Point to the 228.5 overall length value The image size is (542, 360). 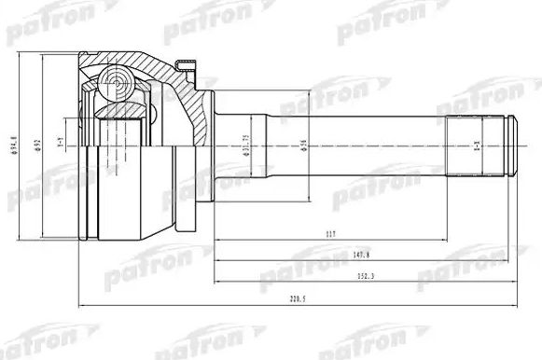point(298,299)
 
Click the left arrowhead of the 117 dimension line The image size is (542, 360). point(216,241)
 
